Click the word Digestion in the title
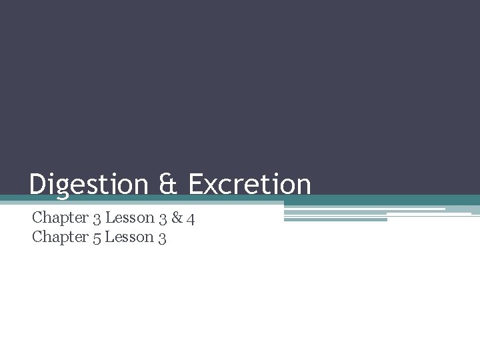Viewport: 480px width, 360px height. pos(88,185)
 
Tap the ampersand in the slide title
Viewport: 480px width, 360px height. pos(169,185)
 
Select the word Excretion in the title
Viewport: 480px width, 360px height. pos(249,185)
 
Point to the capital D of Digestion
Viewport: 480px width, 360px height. pos(37,185)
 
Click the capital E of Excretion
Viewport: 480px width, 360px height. pos(196,185)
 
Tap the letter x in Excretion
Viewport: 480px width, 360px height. pos(212,186)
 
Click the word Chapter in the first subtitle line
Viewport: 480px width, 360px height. pos(60,217)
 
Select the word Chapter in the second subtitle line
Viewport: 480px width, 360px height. pos(60,237)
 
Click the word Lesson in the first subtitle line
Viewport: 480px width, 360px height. pos(129,217)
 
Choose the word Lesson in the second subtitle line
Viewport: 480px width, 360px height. pos(130,237)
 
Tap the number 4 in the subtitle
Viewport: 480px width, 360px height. pos(191,218)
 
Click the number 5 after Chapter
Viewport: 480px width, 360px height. pos(96,238)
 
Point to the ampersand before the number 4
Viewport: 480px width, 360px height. pos(176,218)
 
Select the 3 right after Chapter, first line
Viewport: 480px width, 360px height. pos(96,219)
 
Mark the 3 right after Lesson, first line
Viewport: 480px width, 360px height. pos(163,219)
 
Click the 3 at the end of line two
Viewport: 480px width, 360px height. pos(163,238)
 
